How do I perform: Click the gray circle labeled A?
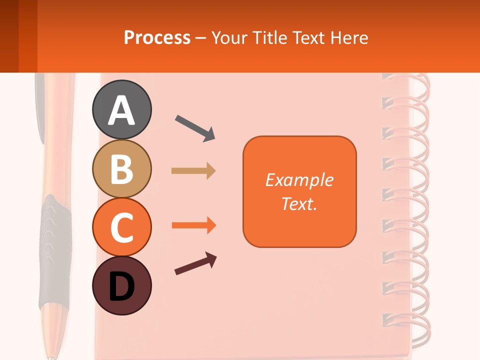pyautogui.click(x=121, y=109)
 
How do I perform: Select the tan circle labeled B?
pyautogui.click(x=121, y=168)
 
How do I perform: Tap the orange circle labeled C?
pyautogui.click(x=121, y=227)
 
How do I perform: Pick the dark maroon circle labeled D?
pyautogui.click(x=121, y=285)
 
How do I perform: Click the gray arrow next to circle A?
pyautogui.click(x=195, y=128)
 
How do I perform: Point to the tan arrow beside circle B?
pyautogui.click(x=193, y=171)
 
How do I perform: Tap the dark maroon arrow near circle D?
pyautogui.click(x=195, y=264)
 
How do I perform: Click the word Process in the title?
pyautogui.click(x=157, y=38)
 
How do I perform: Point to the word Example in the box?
pyautogui.click(x=299, y=180)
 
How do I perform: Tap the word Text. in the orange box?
pyautogui.click(x=299, y=203)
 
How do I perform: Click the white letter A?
pyautogui.click(x=121, y=110)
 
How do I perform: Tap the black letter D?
pyautogui.click(x=121, y=286)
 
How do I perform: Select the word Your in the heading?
pyautogui.click(x=230, y=38)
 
